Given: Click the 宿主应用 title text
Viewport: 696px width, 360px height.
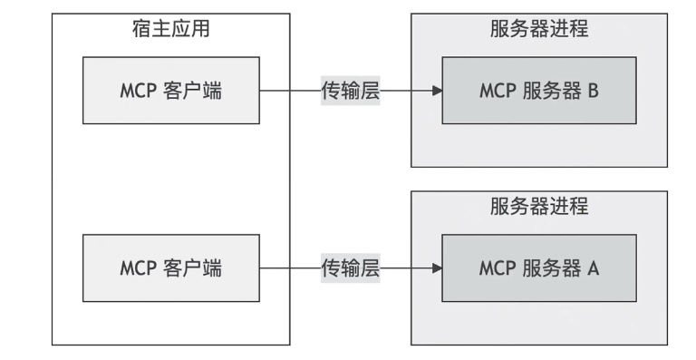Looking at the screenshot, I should [171, 29].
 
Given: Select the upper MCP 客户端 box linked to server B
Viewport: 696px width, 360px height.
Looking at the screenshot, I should [170, 92].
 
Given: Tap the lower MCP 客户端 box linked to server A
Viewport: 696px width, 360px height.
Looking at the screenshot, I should [170, 268].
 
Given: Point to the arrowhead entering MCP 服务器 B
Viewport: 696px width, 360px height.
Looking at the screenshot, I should [437, 92].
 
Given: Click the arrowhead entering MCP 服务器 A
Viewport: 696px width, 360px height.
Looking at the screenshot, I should [437, 268].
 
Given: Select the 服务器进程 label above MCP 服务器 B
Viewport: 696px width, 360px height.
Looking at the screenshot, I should [539, 29].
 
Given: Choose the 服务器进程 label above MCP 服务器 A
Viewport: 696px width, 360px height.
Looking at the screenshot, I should [539, 206].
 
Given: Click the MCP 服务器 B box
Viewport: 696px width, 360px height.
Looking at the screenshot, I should [539, 92].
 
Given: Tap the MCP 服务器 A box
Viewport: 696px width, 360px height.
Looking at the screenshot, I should [539, 268].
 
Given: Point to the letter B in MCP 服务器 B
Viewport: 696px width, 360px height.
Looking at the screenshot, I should [594, 92].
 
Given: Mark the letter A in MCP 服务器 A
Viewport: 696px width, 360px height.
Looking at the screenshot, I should [594, 268].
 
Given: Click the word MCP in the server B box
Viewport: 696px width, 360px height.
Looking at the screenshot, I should [498, 92].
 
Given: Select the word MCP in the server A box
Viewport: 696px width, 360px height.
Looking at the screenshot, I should [498, 268].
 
